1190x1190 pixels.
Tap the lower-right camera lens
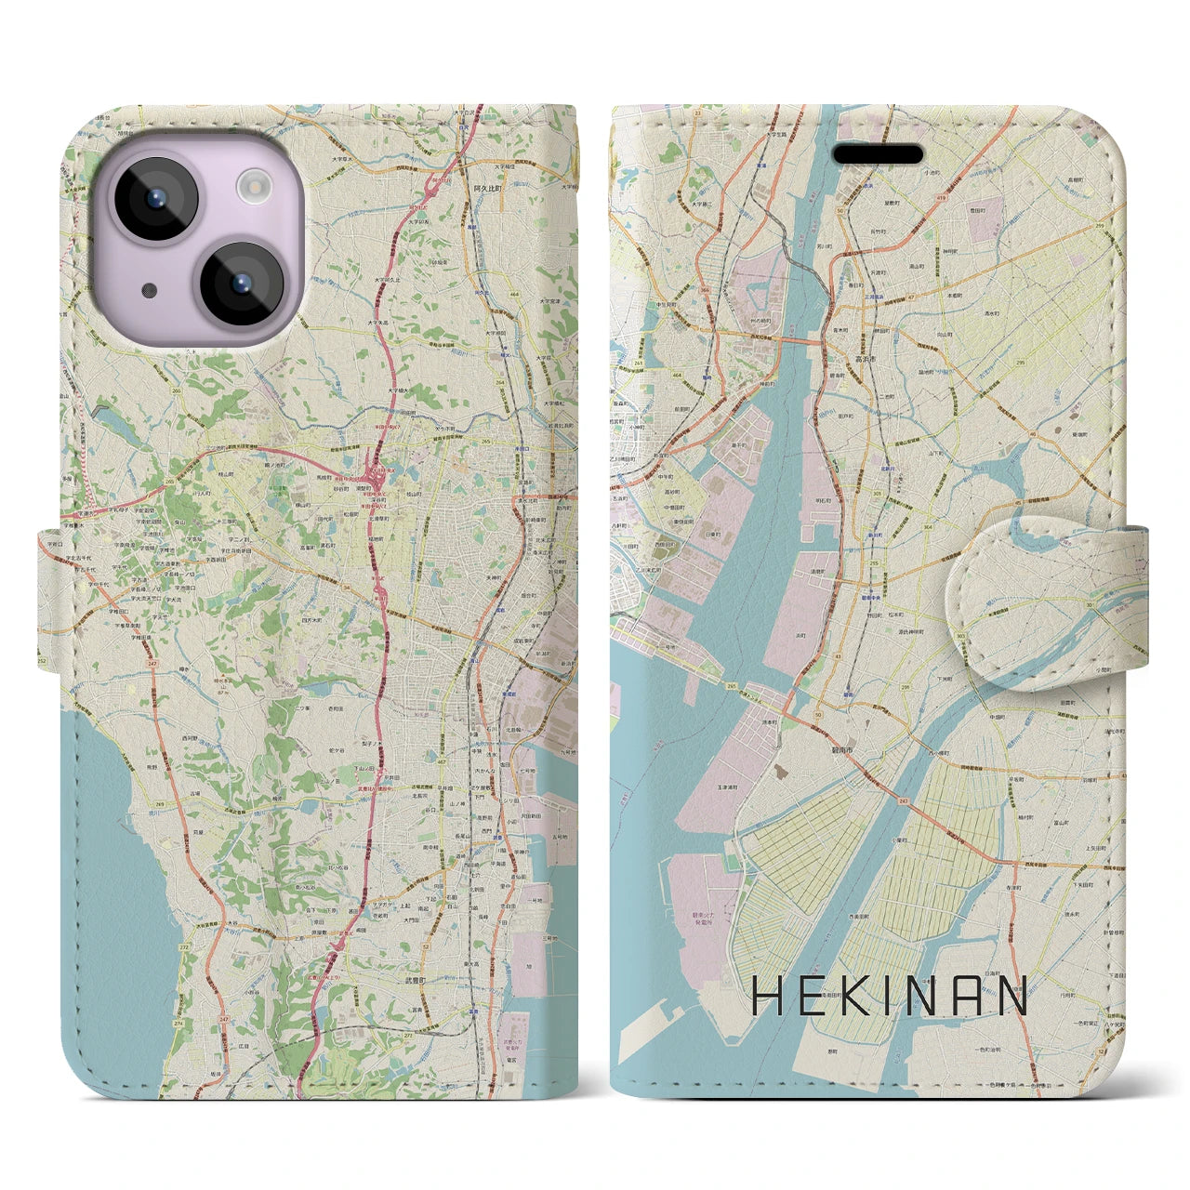(x=241, y=284)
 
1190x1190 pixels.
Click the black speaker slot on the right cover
(x=878, y=154)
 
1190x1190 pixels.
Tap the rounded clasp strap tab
(x=1046, y=592)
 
